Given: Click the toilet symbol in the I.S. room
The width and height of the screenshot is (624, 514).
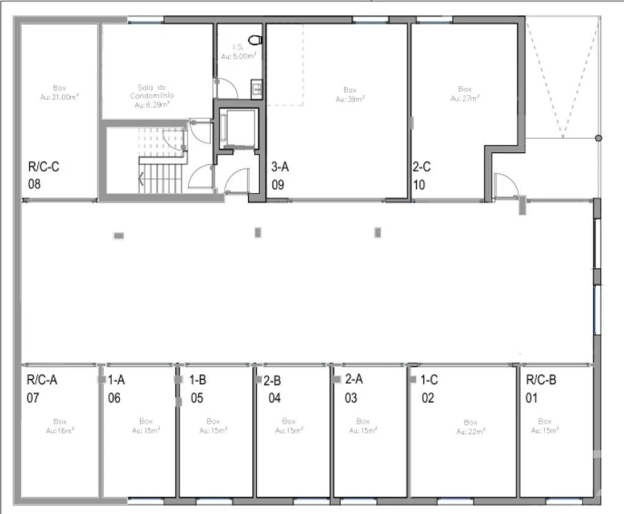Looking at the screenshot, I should [x=255, y=40].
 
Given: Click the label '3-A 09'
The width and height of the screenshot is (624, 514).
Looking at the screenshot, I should [x=280, y=176].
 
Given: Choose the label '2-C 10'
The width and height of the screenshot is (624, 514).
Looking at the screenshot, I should [x=422, y=176].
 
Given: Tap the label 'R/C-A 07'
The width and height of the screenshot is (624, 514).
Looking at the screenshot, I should [x=41, y=389].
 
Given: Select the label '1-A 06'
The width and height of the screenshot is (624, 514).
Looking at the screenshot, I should [x=117, y=389].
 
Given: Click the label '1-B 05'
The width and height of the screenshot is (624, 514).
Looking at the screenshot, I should [x=199, y=389].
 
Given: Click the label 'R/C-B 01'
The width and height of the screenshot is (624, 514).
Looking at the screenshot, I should [x=541, y=389].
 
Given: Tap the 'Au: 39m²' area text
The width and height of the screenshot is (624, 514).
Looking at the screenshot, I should [x=350, y=99].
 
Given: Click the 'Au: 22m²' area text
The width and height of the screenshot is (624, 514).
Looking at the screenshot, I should [x=470, y=431].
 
